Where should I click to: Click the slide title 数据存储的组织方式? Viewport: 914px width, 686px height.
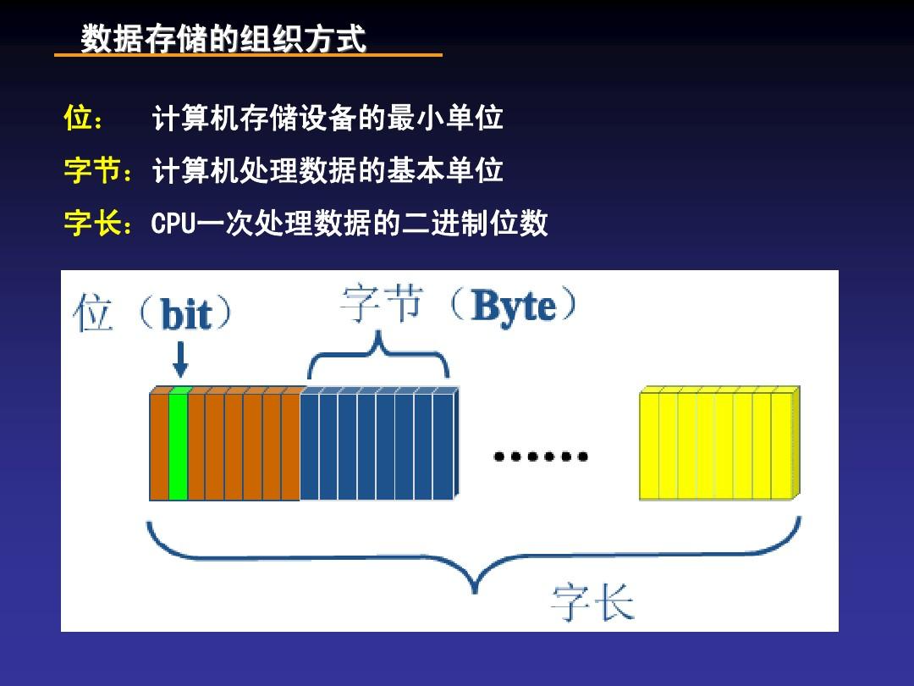[223, 39]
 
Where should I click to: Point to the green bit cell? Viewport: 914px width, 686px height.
[178, 445]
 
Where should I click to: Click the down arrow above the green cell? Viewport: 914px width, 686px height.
[179, 359]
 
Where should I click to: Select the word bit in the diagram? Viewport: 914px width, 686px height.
[185, 315]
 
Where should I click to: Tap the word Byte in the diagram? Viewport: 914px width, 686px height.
[514, 307]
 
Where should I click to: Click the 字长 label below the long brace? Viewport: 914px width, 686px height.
[592, 602]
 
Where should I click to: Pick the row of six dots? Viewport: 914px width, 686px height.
[541, 457]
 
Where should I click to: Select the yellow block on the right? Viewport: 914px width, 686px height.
[718, 445]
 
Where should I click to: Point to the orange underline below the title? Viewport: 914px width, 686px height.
[248, 56]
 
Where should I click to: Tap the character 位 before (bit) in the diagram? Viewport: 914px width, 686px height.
[93, 313]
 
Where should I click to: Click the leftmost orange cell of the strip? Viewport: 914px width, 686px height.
[159, 445]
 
